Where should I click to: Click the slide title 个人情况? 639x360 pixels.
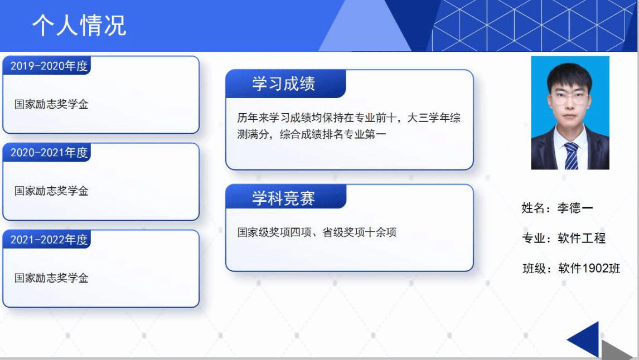coord(80,26)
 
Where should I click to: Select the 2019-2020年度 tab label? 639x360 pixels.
coord(49,66)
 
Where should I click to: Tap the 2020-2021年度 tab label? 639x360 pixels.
coord(49,153)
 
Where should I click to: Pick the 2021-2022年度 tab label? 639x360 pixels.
coord(49,240)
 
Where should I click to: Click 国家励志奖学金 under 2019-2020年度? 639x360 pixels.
coord(51,104)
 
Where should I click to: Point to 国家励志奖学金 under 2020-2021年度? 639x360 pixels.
coord(51,191)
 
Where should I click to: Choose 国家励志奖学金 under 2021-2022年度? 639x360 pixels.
coord(51,278)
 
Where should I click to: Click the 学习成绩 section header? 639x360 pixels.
coord(284,84)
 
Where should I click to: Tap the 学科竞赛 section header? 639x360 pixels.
coord(284,198)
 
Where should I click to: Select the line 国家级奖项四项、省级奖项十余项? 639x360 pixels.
coord(317,232)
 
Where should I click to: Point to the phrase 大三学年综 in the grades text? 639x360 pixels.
coord(434,118)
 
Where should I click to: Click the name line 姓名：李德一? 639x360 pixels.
coord(557,208)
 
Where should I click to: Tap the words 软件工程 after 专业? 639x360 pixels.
coord(582,239)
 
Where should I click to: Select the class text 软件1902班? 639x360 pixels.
coord(589,269)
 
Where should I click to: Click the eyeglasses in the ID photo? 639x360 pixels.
coord(569,98)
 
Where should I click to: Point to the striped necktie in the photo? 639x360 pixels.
coord(571,155)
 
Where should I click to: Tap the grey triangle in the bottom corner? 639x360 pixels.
coord(617,350)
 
